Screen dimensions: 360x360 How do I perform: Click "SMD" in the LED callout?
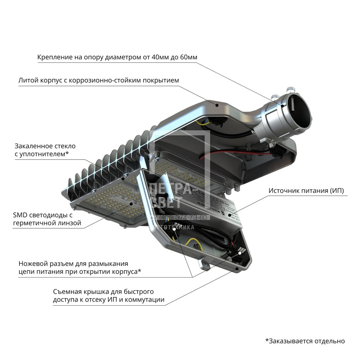[20, 215]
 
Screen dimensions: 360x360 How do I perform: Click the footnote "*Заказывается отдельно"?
[305, 341]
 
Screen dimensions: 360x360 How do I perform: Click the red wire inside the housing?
[230, 154]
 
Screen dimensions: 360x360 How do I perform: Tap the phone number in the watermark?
[179, 218]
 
